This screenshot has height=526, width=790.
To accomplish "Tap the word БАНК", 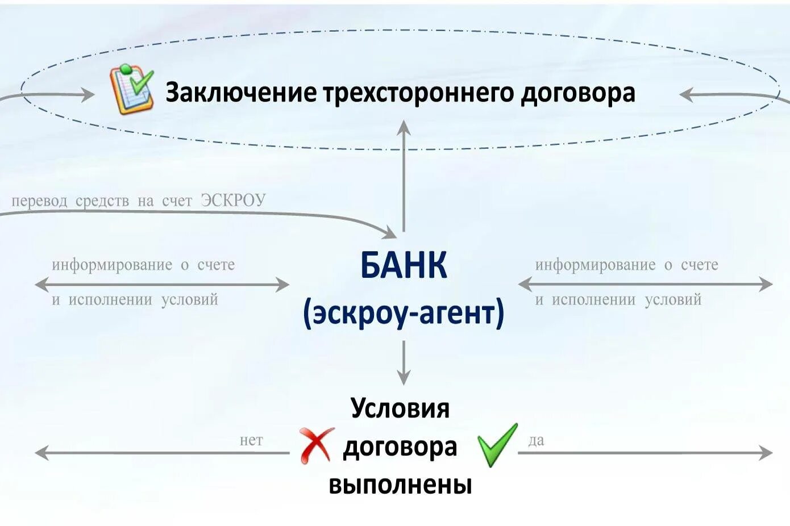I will (404, 265).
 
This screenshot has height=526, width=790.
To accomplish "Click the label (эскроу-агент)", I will (404, 313).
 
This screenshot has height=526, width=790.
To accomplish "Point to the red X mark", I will (316, 445).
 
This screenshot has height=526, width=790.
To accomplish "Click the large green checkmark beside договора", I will (497, 445).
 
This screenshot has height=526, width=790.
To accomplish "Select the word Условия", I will (400, 408).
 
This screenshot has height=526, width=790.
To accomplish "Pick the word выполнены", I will (400, 485).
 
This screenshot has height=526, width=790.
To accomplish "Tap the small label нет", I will (251, 440).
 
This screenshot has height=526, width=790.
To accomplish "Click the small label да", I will (536, 440).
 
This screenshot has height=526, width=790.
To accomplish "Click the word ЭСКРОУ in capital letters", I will (233, 201).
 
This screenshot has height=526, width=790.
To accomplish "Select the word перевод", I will (39, 201).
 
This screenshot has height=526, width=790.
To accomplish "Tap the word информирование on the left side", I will (112, 265).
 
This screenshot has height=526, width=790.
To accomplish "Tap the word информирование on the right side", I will (595, 265).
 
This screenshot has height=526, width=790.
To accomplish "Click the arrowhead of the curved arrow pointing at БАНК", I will (391, 233).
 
